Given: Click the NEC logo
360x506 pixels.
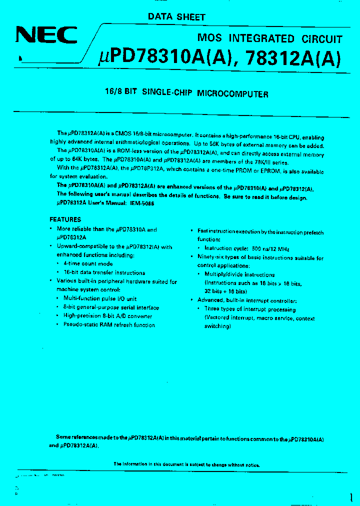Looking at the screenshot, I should tap(46, 35).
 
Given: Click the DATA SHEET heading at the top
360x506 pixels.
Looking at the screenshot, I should tap(176, 16).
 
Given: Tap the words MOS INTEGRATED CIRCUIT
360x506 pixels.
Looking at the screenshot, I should tap(269, 38).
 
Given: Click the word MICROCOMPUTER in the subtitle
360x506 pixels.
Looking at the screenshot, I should tap(232, 93).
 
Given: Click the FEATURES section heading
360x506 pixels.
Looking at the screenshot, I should tap(65, 219).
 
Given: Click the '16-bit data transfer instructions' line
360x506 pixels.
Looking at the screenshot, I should tap(104, 272).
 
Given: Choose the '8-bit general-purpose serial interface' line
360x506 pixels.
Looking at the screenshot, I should tap(111, 307).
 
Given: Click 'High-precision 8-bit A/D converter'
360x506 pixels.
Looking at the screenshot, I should tap(107, 316).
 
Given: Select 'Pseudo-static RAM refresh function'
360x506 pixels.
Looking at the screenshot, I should tap(109, 325).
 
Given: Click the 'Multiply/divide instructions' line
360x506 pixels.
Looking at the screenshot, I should tap(239, 274).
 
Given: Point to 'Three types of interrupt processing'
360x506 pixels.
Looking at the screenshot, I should tap(250, 309).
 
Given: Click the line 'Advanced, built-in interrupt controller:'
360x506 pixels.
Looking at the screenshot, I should tap(247, 300).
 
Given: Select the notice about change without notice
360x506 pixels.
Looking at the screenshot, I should tap(186, 464).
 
